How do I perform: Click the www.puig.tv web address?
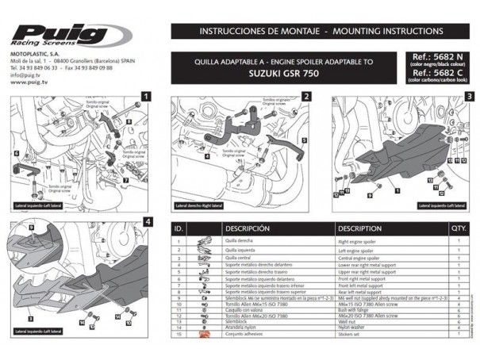[28, 81]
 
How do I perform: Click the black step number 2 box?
[305, 96]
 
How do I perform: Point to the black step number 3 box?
[469, 96]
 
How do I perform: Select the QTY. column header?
[459, 228]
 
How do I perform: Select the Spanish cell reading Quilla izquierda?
[240, 249]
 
